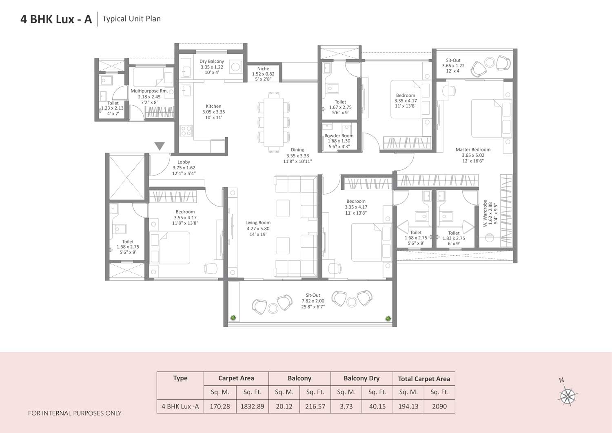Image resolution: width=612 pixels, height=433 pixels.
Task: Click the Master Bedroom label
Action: tap(473, 150)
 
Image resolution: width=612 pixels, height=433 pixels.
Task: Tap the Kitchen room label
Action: tap(213, 106)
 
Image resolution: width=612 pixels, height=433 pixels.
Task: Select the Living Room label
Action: tap(258, 223)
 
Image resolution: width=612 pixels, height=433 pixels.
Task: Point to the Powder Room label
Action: tap(339, 136)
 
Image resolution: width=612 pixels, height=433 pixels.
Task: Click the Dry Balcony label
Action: tap(212, 62)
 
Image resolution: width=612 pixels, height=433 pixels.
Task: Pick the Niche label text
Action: tap(263, 69)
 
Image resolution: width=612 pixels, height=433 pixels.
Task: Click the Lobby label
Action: tap(184, 162)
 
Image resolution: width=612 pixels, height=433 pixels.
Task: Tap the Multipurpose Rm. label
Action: tap(149, 91)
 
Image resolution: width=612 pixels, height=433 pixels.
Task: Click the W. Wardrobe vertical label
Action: tap(486, 213)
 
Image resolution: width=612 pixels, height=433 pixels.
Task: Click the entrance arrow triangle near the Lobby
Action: tap(160, 146)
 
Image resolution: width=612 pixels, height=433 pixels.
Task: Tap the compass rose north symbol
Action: tap(568, 395)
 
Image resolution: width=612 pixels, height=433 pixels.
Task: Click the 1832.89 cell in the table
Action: tap(252, 406)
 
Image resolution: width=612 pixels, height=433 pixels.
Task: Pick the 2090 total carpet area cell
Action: tap(439, 406)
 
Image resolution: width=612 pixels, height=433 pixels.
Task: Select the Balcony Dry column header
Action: tap(361, 378)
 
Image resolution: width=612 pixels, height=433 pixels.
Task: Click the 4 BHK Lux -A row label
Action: tap(180, 406)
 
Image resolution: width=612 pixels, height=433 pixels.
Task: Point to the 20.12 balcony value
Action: tap(284, 406)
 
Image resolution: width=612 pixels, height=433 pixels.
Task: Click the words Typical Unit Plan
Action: tap(131, 19)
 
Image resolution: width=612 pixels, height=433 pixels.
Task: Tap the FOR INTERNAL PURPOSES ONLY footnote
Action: tap(75, 413)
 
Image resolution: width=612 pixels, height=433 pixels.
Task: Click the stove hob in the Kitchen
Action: tap(186, 131)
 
